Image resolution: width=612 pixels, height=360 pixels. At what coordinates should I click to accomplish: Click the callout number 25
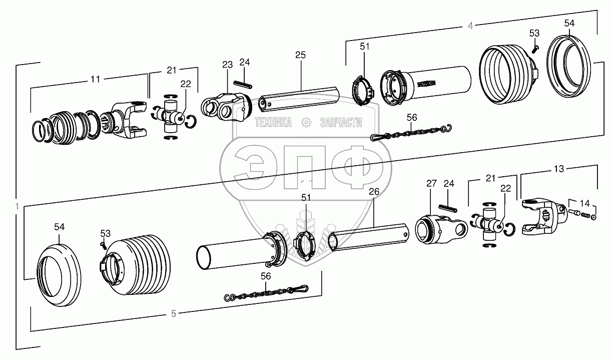[300, 55]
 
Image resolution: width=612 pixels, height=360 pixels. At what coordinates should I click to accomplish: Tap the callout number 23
[228, 64]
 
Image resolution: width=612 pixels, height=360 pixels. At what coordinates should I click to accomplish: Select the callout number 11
[95, 79]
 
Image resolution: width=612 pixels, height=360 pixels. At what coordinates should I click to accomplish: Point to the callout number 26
[374, 191]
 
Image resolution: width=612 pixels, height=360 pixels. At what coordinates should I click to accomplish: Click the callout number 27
[432, 183]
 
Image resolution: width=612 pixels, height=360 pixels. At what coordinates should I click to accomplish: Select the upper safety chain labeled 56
[410, 133]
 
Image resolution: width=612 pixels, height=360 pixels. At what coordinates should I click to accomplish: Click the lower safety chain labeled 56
[265, 292]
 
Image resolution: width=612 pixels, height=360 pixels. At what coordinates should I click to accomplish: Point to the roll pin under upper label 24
[244, 84]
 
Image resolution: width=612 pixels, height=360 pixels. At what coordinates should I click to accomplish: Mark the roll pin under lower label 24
[449, 206]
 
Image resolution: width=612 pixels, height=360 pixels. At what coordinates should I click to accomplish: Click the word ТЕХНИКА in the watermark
[273, 122]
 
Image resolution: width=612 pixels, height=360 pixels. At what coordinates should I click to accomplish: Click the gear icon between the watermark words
[305, 122]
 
